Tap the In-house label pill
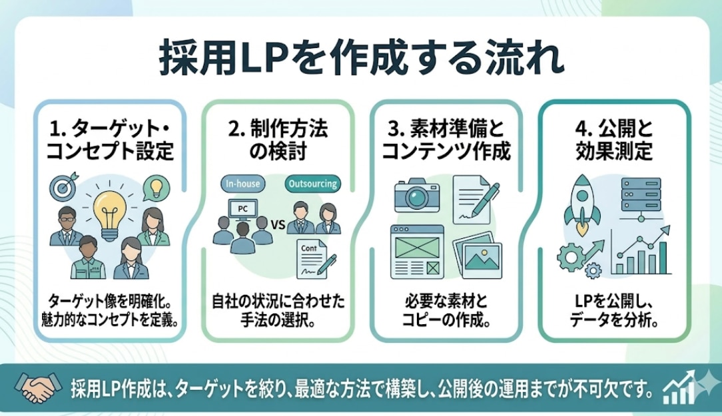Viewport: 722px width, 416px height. coord(242,184)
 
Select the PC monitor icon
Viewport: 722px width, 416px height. coord(242,209)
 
